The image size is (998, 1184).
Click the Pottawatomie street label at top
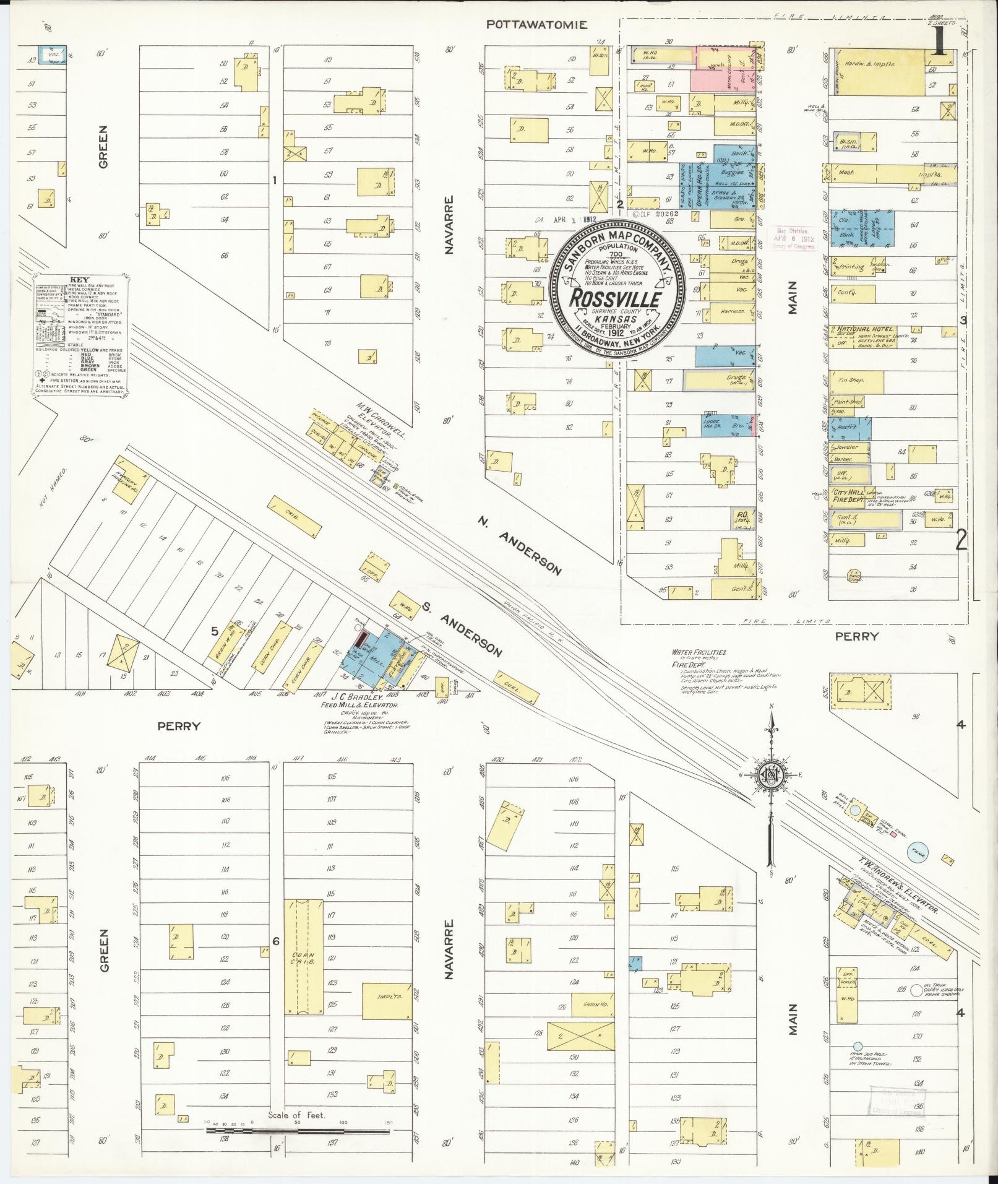click(x=536, y=25)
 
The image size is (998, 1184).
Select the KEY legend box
click(x=80, y=334)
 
